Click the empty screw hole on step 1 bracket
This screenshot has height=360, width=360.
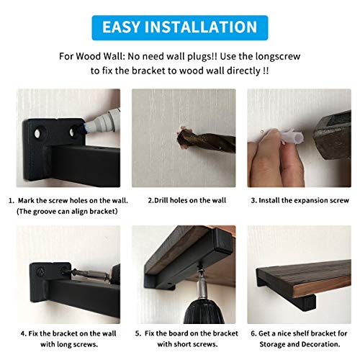click(36, 134)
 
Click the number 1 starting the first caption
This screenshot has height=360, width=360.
click(11, 199)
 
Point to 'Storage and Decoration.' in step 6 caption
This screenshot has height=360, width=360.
click(300, 344)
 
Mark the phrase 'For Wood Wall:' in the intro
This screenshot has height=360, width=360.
click(86, 56)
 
